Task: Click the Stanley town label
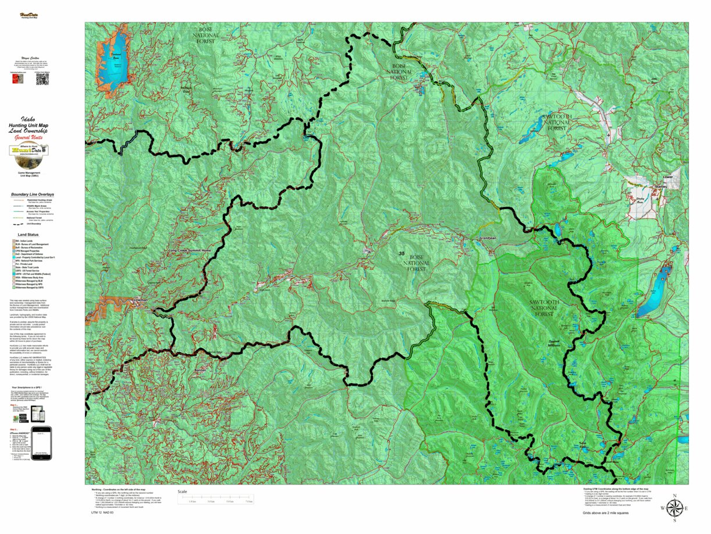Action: [x=660, y=186]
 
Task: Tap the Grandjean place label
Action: [x=487, y=239]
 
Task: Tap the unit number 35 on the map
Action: [x=401, y=254]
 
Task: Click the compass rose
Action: [x=674, y=508]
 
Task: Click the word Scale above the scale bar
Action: [x=183, y=491]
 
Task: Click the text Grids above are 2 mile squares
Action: [x=605, y=513]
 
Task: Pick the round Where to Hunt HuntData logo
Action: [x=29, y=151]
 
